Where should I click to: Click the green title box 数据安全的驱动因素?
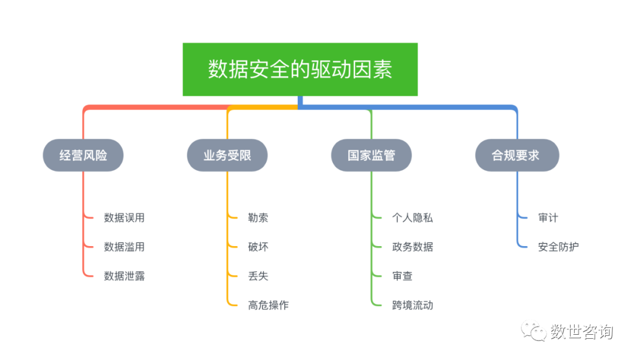pos(300,69)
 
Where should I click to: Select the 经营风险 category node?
pos(83,155)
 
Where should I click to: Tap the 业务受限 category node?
pos(227,155)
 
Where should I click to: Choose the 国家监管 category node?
pos(371,155)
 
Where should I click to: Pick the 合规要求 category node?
pos(516,155)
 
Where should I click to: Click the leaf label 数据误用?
pos(124,218)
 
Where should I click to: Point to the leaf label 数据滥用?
pos(124,247)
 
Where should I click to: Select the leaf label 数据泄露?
pos(124,276)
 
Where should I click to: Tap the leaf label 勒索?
pos(258,218)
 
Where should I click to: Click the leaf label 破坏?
pos(258,247)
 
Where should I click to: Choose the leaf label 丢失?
pos(258,276)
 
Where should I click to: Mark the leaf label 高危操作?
pos(268,305)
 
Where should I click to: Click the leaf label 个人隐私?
pos(412,218)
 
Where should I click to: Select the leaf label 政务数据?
pos(412,247)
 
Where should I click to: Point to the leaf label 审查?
pos(402,276)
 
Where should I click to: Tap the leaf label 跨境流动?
pos(412,305)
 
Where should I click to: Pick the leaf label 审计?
pos(548,218)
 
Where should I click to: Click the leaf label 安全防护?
pos(558,247)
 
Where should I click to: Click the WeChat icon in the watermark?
pos(535,331)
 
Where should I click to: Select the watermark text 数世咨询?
pos(581,332)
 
